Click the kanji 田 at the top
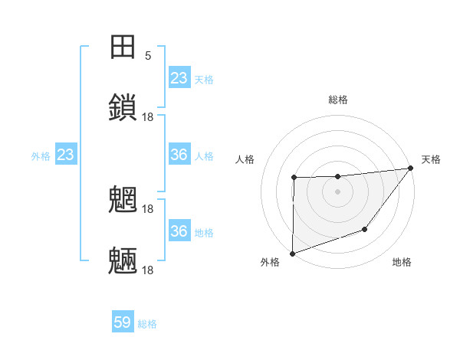click(x=123, y=47)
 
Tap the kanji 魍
click(x=123, y=200)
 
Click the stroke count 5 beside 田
click(x=148, y=56)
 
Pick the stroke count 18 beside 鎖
click(x=148, y=116)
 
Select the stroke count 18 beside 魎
click(x=148, y=270)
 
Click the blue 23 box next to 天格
click(x=179, y=78)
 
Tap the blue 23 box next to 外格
click(x=65, y=155)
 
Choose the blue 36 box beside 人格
click(x=179, y=155)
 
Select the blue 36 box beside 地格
click(x=179, y=231)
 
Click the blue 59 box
click(x=123, y=323)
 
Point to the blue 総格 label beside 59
click(x=147, y=324)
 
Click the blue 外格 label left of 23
click(x=41, y=156)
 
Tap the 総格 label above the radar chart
click(x=338, y=100)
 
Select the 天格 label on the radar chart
click(x=431, y=159)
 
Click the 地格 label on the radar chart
click(x=402, y=263)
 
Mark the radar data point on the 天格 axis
click(x=411, y=168)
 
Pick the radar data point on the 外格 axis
click(x=292, y=253)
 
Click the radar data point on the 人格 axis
click(x=294, y=178)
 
